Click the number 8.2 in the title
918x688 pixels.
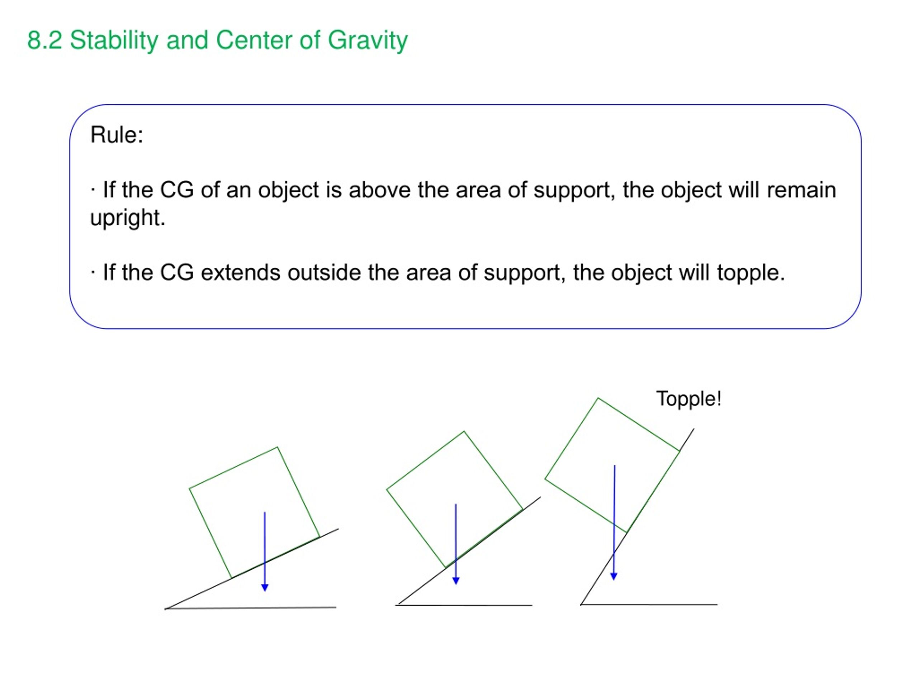point(45,40)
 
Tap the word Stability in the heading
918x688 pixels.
point(114,40)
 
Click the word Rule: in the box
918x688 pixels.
point(117,135)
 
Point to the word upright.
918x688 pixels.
point(127,218)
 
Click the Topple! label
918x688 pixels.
point(689,399)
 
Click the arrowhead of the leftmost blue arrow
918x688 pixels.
point(265,588)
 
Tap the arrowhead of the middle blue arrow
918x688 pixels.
point(456,581)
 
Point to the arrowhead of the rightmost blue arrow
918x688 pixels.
point(614,577)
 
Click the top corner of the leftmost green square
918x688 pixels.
point(277,447)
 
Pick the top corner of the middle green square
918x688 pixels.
point(464,431)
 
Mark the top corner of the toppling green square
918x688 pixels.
point(598,398)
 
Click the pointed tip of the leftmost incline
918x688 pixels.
point(165,609)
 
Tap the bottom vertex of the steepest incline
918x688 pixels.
point(581,605)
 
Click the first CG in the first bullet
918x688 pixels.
point(177,190)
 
